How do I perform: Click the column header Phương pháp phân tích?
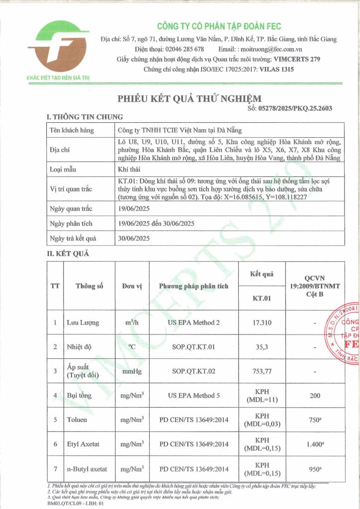(194, 286)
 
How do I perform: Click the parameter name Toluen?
(77, 420)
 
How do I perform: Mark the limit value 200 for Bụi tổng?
(313, 396)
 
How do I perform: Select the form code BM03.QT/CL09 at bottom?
(49, 504)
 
